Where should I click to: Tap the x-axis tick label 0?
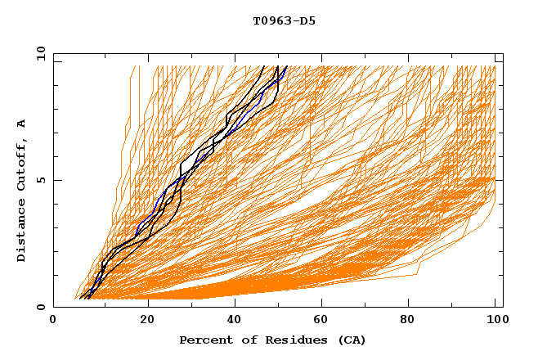tap(53, 321)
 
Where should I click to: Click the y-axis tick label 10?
tap(40, 53)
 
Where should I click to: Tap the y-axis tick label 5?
tap(40, 180)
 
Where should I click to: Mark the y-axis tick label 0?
tap(40, 307)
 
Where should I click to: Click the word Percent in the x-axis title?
tap(202, 340)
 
